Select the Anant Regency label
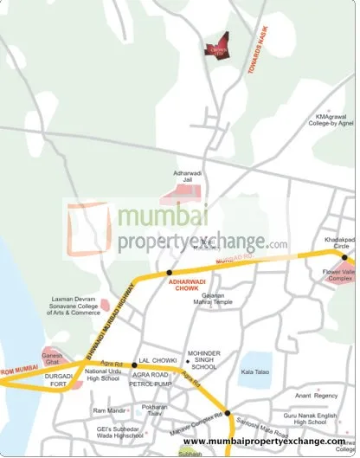point(315,396)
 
